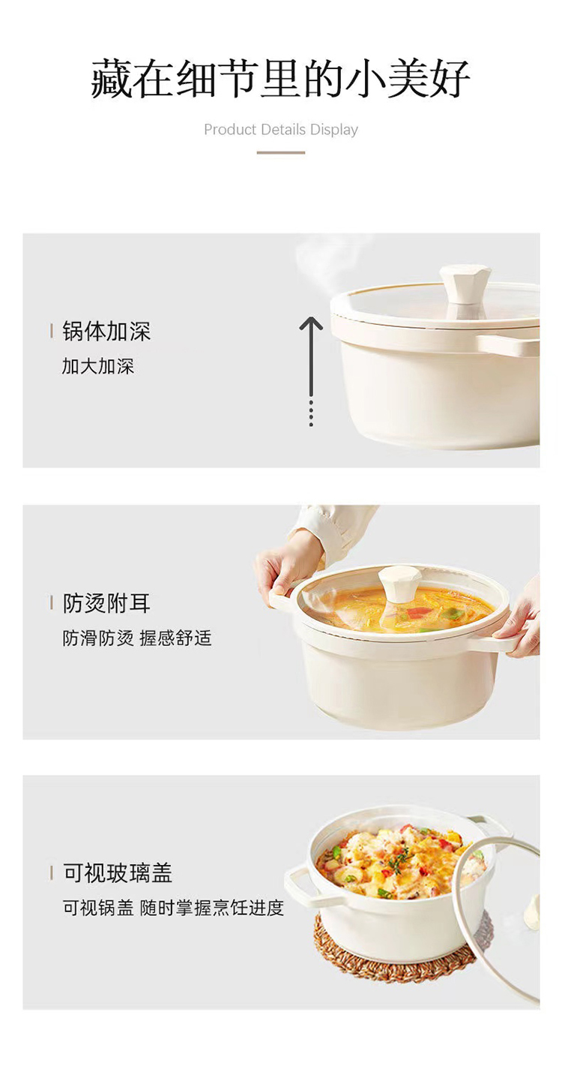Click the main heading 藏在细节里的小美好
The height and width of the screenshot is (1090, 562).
(x=280, y=78)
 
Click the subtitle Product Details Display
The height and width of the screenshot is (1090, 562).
(x=281, y=130)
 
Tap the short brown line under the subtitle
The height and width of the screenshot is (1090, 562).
(x=281, y=152)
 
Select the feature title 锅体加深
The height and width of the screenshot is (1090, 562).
(x=106, y=332)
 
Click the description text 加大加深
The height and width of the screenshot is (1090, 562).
(x=97, y=366)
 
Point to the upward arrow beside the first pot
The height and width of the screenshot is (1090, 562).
(x=311, y=371)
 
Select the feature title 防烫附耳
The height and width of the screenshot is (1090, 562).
(x=106, y=603)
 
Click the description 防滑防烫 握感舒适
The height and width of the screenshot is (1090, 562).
(x=137, y=638)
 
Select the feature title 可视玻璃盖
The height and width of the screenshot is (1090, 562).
(x=118, y=873)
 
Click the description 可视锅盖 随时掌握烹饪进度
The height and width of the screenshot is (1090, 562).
(x=173, y=908)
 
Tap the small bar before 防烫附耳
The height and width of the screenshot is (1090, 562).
(x=52, y=603)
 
